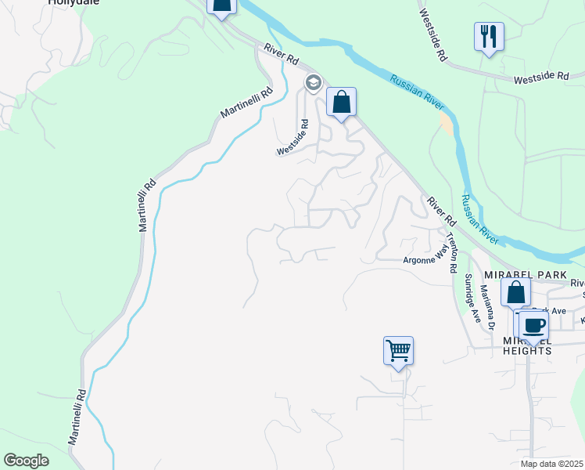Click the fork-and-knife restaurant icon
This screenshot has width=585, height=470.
pos(488,36)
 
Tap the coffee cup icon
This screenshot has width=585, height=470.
pos(533,325)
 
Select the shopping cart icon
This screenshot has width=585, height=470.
pos(398,351)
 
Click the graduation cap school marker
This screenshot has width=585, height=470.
pos(314,82)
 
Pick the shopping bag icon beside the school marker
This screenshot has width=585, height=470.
pos(341,103)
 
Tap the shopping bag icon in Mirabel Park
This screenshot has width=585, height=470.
pos(516,294)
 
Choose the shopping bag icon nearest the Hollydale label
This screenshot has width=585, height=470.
pos(222,6)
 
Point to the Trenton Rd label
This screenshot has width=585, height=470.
pos(451,251)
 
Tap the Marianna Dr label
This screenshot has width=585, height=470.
pos(489,306)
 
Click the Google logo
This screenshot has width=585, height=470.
pos(26,461)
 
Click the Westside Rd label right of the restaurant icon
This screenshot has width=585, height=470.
pos(541,77)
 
